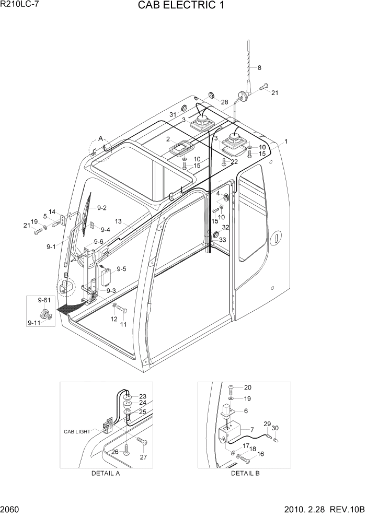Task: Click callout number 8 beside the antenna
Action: coord(259,68)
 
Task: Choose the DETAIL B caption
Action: coord(245,474)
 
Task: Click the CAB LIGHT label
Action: coord(77,432)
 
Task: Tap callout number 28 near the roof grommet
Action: coord(224,102)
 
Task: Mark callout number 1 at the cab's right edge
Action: coord(286,142)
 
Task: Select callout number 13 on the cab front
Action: coord(119,221)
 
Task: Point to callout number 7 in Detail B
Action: coord(252,429)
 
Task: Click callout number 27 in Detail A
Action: coord(143,458)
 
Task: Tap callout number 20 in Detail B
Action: coord(248,387)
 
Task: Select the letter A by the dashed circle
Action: coord(100,138)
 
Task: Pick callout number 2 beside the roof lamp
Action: coord(168,139)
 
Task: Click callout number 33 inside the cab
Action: coord(222,240)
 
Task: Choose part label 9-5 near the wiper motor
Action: coord(121,269)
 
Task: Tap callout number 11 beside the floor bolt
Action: coord(123,324)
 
